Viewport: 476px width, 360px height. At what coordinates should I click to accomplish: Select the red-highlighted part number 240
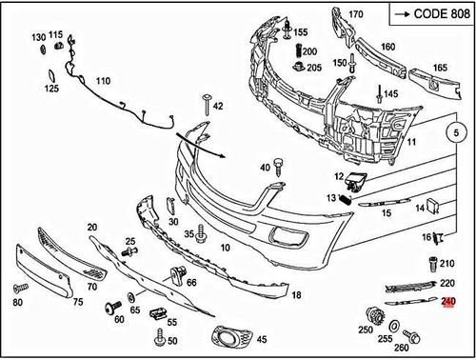point(449,301)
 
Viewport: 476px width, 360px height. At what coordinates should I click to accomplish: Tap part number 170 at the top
point(356,14)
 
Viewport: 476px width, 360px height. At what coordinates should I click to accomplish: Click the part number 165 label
point(440,68)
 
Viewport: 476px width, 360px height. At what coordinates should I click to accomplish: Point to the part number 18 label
point(296,296)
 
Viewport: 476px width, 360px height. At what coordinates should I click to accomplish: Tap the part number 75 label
point(78,302)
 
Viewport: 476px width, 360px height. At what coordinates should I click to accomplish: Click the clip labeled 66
point(176,274)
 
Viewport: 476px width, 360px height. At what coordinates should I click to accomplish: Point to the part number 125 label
point(50,89)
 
